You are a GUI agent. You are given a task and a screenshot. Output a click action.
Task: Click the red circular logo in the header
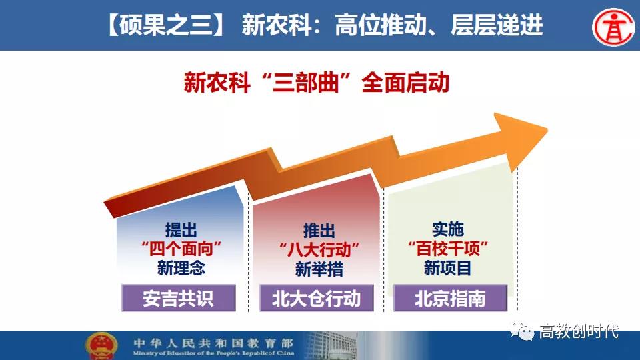click(613, 27)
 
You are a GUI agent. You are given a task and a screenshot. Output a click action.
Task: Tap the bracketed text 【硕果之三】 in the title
click(164, 25)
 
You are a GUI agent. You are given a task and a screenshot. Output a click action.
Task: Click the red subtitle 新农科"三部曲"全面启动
click(317, 83)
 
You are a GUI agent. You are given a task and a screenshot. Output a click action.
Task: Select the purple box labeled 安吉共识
click(179, 298)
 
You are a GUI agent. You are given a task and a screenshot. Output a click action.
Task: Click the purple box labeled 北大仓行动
click(316, 298)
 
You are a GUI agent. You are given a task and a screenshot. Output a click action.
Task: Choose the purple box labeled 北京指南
click(450, 298)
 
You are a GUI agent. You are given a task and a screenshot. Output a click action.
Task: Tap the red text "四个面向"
click(181, 249)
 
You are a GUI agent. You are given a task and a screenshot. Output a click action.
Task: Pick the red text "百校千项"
click(448, 248)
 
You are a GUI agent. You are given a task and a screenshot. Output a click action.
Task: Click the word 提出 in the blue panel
click(181, 230)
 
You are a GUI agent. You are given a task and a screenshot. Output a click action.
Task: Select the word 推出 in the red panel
click(319, 231)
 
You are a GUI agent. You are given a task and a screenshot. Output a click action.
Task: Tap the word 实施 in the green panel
click(448, 229)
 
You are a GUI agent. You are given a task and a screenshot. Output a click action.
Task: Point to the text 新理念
click(181, 268)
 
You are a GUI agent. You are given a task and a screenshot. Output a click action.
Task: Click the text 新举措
click(319, 269)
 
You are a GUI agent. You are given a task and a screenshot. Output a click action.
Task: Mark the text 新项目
click(448, 268)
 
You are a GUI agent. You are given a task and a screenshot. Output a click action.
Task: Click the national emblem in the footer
click(101, 346)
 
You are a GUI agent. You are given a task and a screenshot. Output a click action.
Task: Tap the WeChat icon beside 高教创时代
click(521, 331)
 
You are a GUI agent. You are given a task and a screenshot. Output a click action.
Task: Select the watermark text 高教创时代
click(579, 331)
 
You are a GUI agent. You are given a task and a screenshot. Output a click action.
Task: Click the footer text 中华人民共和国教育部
click(213, 343)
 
